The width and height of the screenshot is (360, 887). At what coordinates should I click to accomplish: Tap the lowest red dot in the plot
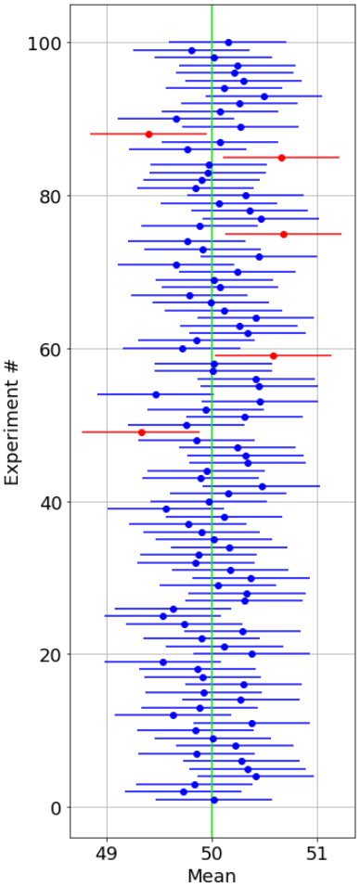[x=142, y=432]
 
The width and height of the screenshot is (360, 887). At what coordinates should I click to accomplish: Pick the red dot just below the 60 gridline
[x=274, y=355]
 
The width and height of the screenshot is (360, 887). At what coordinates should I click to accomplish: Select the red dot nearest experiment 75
[x=284, y=234]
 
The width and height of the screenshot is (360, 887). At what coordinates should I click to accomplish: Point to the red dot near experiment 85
[x=281, y=157]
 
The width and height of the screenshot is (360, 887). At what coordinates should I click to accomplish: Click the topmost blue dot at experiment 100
[x=228, y=43]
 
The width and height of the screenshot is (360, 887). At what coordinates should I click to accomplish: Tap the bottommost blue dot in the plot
[x=214, y=800]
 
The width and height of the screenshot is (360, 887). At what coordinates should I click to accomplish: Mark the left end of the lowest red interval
[x=83, y=432]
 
